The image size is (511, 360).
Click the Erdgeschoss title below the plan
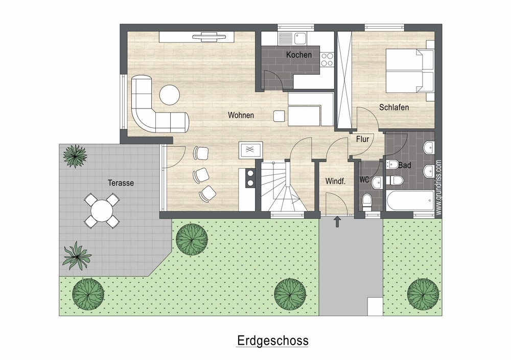272,341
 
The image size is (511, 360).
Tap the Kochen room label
299,55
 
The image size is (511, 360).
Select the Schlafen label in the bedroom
393,107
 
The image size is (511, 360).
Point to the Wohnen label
241,115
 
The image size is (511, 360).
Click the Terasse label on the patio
121,183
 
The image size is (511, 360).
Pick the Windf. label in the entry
335,182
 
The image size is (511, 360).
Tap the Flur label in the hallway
362,139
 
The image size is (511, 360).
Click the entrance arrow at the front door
337,222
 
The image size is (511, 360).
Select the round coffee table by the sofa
170,95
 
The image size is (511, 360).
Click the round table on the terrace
102,211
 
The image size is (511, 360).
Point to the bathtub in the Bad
410,201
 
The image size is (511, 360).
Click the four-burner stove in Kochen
327,60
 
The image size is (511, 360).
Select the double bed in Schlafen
410,71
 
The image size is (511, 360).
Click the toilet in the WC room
367,202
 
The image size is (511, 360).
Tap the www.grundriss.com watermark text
438,188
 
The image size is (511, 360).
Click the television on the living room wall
209,37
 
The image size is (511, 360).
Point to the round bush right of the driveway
423,294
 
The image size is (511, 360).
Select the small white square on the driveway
375,306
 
